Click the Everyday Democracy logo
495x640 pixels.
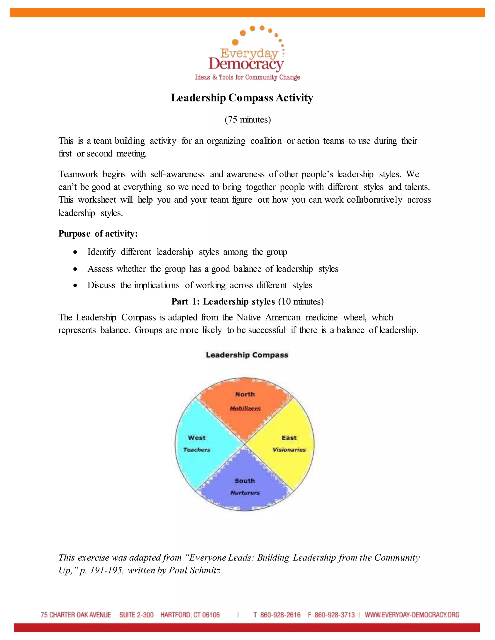tap(247, 54)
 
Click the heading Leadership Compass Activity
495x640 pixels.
tap(242, 98)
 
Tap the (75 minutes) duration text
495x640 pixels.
tap(247, 120)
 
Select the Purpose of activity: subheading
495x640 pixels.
tap(98, 234)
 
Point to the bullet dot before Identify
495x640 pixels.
tap(75, 252)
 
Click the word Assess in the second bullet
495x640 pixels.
tap(100, 269)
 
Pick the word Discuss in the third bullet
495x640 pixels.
tap(101, 285)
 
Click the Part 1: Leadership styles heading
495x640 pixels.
tap(223, 302)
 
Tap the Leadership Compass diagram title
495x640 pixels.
tap(247, 355)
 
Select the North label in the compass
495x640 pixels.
tap(245, 394)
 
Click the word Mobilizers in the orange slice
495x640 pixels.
tap(245, 408)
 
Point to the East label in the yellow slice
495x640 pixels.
tap(289, 438)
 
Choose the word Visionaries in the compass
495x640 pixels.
tap(289, 449)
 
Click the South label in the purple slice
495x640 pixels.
tap(245, 481)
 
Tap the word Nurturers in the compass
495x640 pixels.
tap(245, 493)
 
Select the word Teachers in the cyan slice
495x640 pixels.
tap(197, 449)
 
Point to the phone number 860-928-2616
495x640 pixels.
tap(280, 615)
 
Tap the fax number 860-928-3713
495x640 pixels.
tap(335, 615)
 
